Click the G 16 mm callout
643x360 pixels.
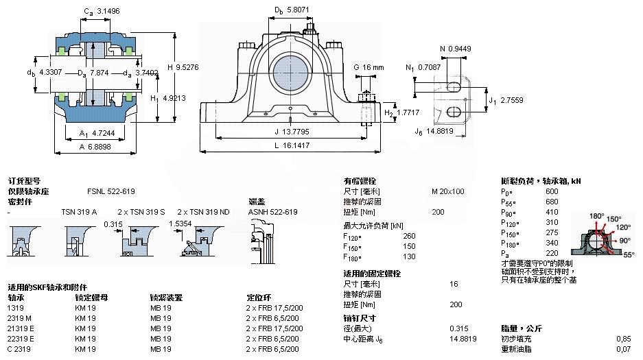coord(369,67)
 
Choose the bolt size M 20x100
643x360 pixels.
coord(448,191)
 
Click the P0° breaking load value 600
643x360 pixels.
coord(552,191)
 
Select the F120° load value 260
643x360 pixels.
coord(410,236)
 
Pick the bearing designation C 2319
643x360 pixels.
coord(19,350)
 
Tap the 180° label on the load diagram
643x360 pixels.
coord(596,216)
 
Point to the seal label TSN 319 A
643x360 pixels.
coord(79,212)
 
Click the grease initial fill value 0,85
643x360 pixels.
coord(623,339)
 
